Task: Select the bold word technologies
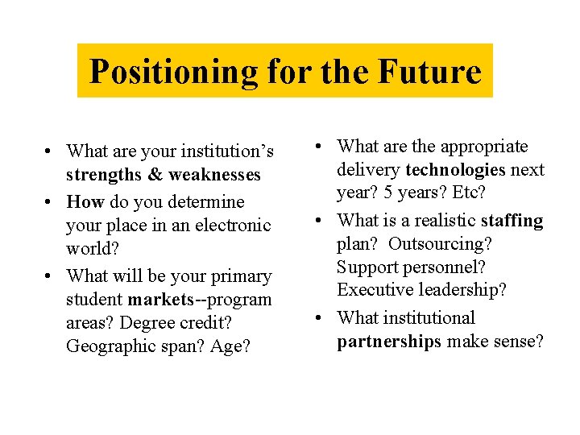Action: (x=456, y=170)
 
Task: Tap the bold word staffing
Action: (x=512, y=220)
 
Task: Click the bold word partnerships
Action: (x=389, y=342)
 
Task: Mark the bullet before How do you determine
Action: (x=50, y=201)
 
